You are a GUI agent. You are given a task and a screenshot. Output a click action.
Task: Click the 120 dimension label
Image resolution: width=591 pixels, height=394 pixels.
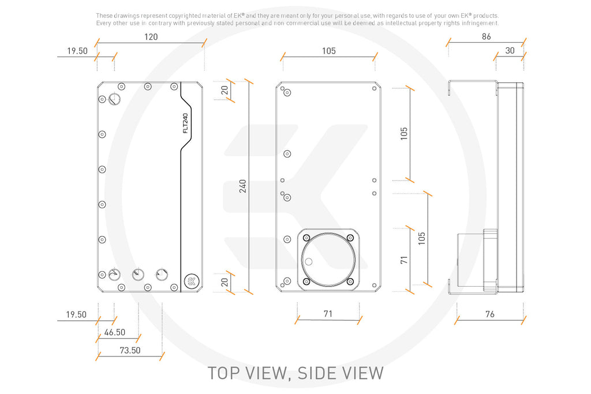pos(151,37)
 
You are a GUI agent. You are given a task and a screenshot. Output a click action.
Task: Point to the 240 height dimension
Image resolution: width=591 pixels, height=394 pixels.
pos(243,186)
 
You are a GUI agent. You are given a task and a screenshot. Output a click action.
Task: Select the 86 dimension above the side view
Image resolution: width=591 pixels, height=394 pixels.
pos(486,36)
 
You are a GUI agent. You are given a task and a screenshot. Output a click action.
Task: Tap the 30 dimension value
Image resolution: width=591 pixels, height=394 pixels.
pos(510,50)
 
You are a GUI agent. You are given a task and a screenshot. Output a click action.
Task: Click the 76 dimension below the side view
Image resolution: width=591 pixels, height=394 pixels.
pos(489,314)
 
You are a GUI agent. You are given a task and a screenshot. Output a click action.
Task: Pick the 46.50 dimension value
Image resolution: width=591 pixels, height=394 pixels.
pos(115,332)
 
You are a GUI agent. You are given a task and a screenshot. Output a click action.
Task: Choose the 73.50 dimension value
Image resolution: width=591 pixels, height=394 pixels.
pos(130,350)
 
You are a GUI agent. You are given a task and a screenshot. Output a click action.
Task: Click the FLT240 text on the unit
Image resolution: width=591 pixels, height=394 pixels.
pos(185,123)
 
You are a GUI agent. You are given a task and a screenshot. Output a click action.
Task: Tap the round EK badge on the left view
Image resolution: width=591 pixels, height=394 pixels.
pos(192,280)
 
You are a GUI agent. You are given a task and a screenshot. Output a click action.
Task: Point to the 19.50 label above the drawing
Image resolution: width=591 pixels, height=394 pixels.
pos(77,51)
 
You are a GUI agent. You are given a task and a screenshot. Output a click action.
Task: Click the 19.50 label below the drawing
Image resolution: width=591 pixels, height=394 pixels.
pos(76,314)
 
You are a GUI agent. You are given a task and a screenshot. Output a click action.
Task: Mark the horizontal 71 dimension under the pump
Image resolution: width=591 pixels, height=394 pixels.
pos(328,314)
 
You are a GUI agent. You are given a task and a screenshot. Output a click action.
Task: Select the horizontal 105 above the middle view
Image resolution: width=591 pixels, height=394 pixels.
pos(328,51)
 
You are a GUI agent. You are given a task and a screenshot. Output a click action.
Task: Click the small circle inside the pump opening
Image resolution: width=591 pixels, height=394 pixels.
pos(309,262)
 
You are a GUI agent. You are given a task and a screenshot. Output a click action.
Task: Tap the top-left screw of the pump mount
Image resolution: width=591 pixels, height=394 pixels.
pos(306,238)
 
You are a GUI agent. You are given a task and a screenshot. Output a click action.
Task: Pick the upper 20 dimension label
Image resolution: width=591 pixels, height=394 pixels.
pos(225,91)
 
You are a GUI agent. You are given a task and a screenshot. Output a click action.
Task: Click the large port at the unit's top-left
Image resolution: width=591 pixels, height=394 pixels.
pos(114,99)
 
